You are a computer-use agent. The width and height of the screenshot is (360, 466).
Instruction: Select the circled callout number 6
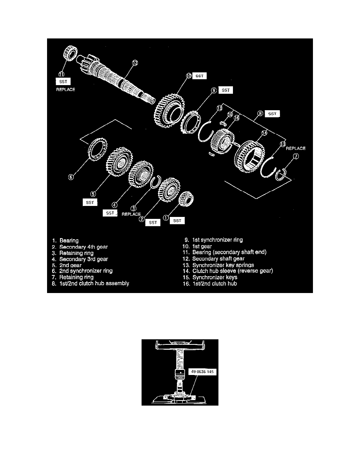point(71,177)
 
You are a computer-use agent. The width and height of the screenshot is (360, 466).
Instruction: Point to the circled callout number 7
point(296,157)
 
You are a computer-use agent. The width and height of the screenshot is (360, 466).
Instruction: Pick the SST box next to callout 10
point(199,76)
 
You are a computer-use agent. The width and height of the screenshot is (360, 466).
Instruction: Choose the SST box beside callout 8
point(272,114)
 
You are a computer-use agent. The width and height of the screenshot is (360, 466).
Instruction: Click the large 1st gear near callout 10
point(168,106)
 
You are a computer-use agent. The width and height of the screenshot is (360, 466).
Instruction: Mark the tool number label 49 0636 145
point(200,374)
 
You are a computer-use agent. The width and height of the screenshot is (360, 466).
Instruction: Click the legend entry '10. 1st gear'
point(198,246)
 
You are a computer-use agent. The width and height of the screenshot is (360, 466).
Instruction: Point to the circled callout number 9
point(213,90)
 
